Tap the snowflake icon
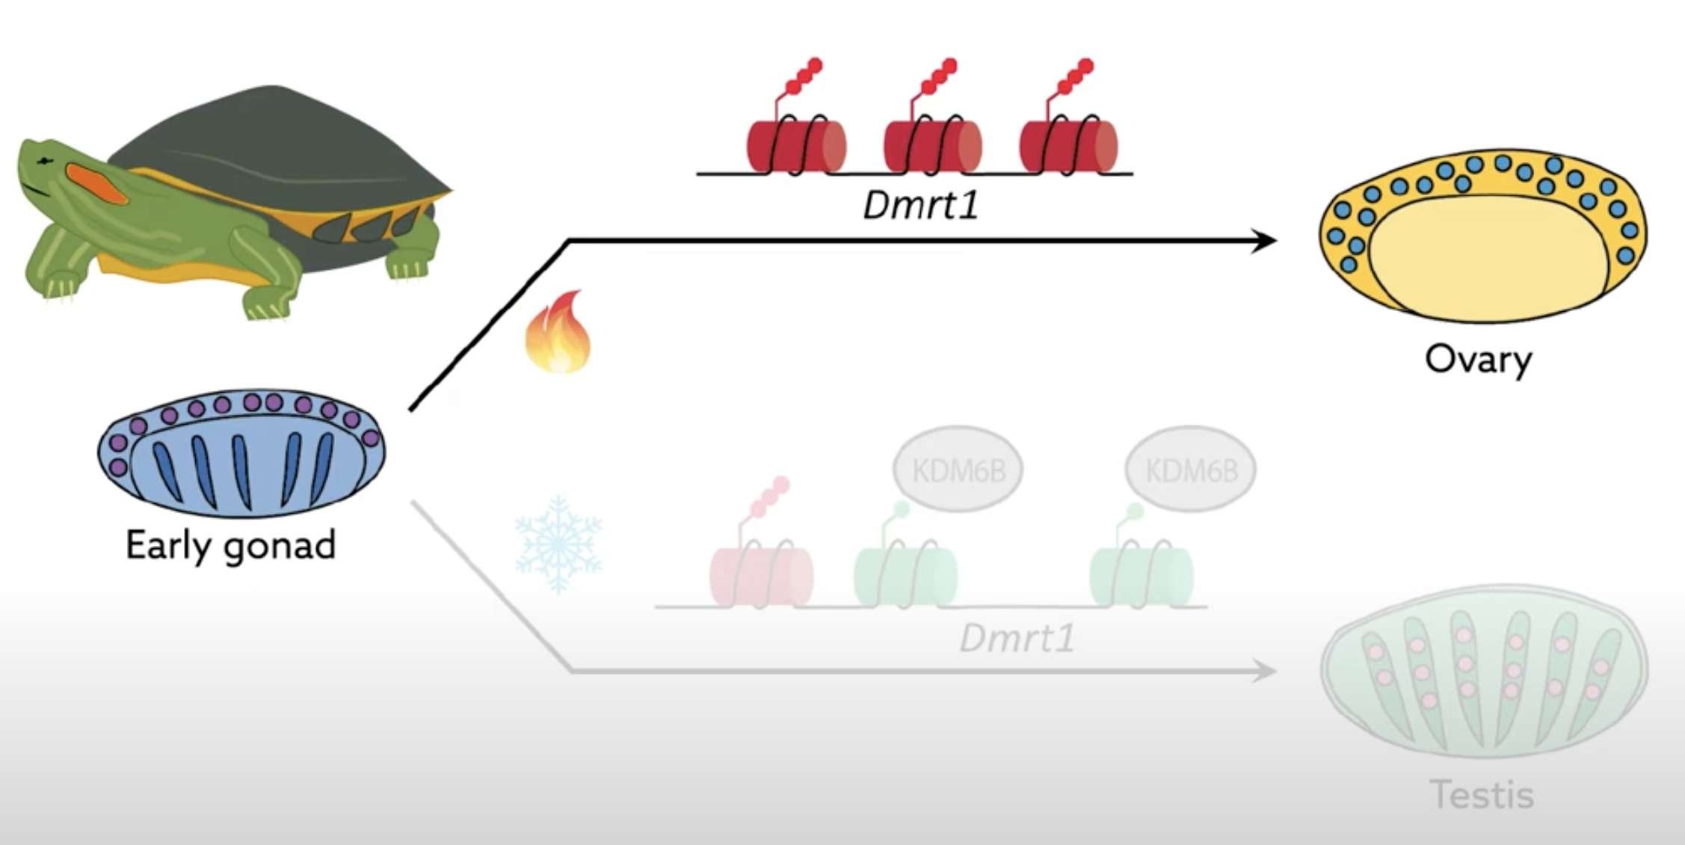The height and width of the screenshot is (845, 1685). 558,544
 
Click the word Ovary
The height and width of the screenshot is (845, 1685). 1478,360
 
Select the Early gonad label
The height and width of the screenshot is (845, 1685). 230,545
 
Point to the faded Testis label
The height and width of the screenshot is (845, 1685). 1482,794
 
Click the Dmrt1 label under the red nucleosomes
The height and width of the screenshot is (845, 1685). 921,205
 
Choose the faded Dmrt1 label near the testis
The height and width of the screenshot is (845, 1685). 1017,638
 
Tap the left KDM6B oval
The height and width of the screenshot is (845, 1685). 958,470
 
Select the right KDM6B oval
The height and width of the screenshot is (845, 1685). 1191,470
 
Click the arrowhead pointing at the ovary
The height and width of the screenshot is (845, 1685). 1263,241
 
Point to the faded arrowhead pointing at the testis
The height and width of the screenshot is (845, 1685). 1263,671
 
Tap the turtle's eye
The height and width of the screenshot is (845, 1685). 46,161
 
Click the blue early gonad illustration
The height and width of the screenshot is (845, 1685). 241,453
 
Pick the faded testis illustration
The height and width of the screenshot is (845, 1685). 1484,671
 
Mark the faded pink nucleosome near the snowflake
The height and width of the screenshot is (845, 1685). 760,576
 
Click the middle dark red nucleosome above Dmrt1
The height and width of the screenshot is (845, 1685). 932,147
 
